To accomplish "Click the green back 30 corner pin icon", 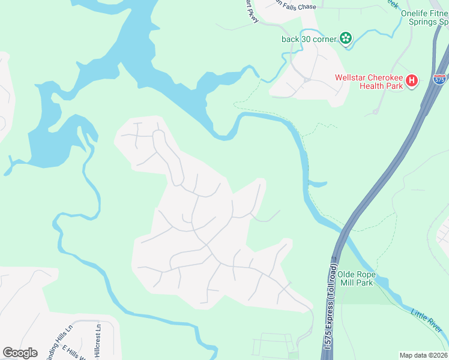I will [345, 39].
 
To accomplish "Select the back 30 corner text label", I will [309, 40].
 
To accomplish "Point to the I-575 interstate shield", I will [440, 79].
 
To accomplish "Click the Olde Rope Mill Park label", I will [355, 278].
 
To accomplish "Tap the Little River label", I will [427, 321].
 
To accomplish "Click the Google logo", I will [20, 353].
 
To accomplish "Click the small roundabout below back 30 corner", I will [306, 79].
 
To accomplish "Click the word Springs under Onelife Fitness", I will [422, 23].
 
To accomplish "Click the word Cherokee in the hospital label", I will [383, 77].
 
